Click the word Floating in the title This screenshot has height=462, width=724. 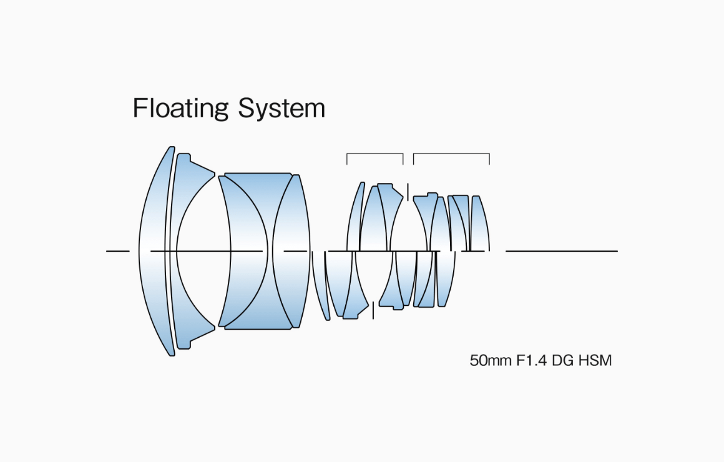tap(180, 109)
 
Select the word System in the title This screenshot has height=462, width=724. tap(281, 109)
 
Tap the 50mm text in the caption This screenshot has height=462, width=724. tap(489, 361)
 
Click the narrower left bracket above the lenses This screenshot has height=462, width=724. tap(374, 154)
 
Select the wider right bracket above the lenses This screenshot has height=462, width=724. tap(451, 154)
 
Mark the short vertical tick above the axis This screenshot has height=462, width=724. tap(408, 191)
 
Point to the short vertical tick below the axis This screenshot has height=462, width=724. tap(373, 310)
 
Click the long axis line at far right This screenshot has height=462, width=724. tap(562, 251)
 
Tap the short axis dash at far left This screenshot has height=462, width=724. tap(117, 251)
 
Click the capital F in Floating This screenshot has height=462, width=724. tap(139, 109)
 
